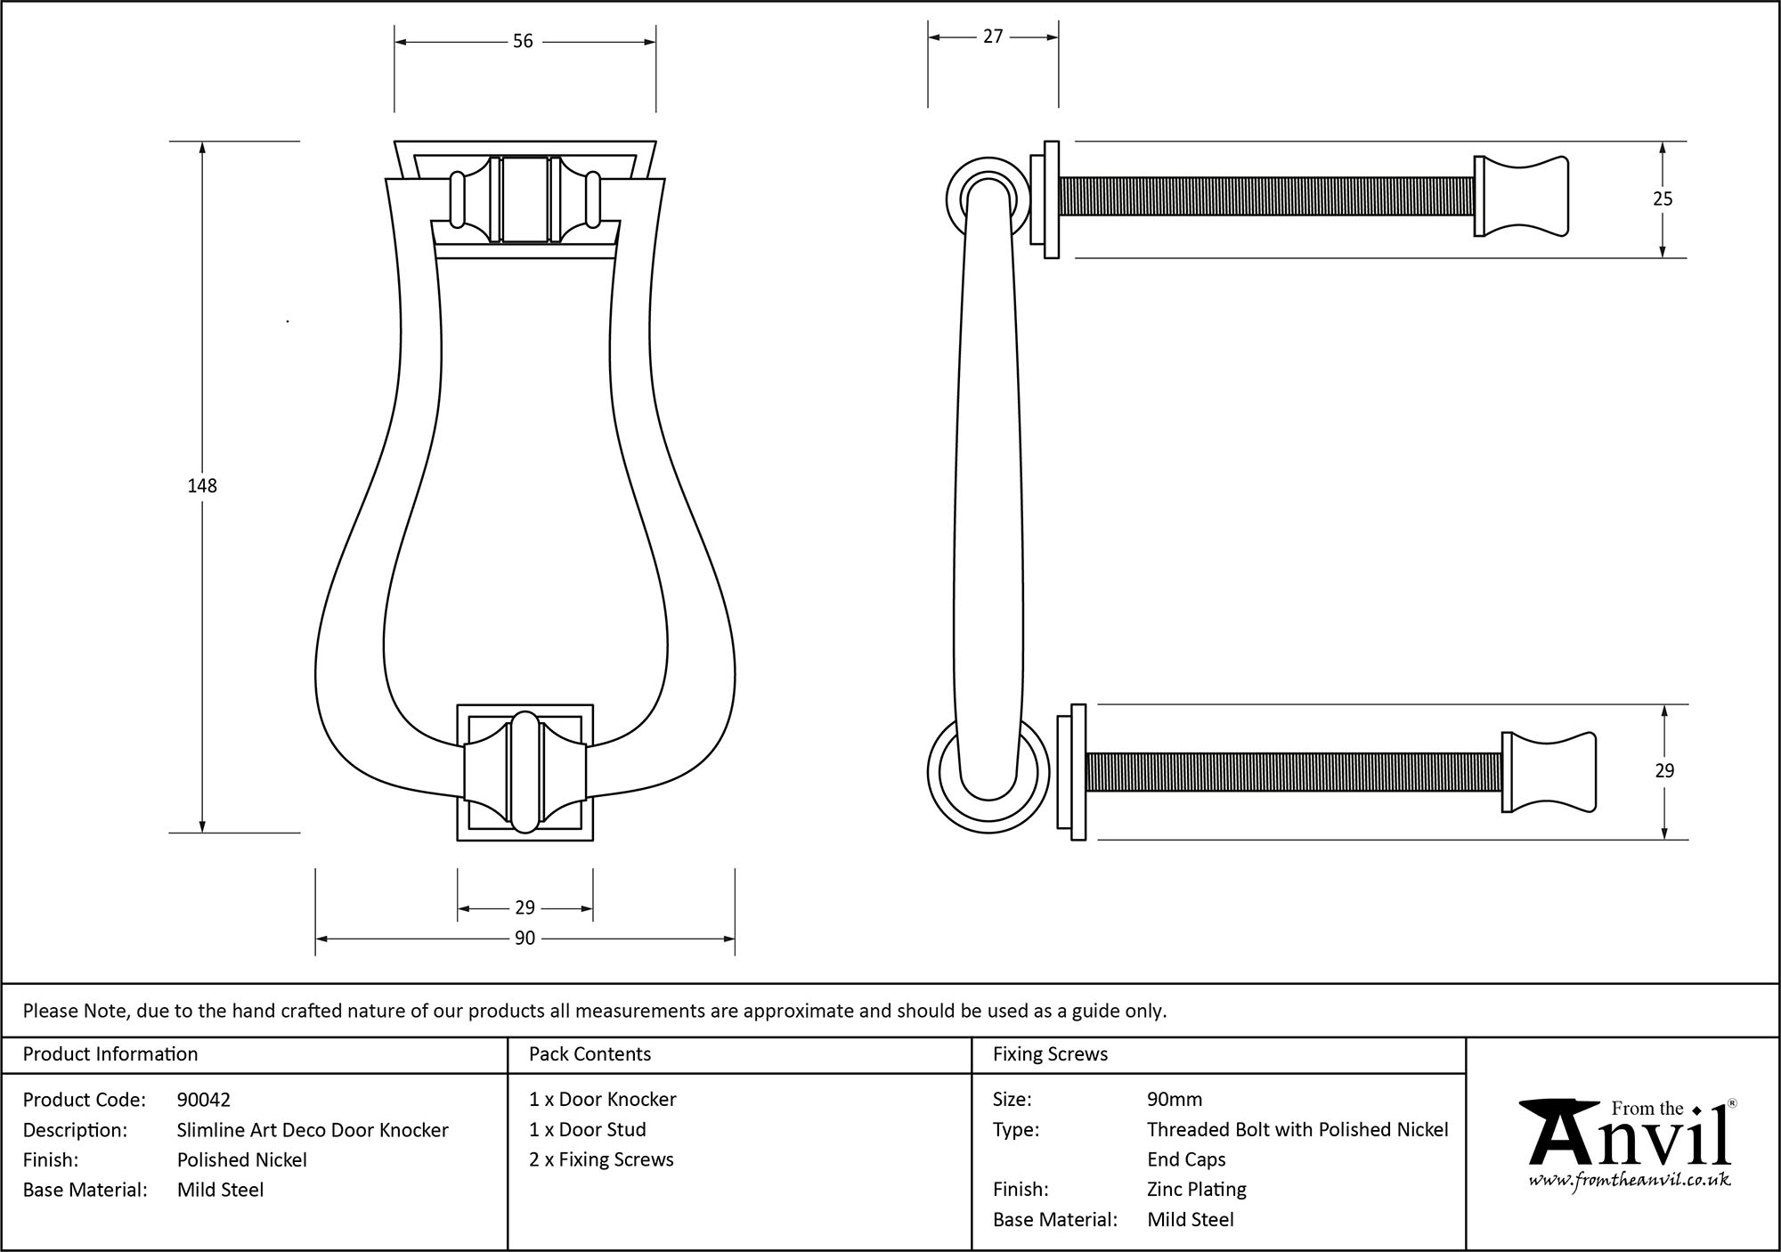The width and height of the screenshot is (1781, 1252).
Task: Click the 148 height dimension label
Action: (x=202, y=486)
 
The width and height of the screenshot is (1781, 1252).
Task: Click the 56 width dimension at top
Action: (x=523, y=42)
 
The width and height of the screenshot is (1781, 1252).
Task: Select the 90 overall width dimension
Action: (x=525, y=939)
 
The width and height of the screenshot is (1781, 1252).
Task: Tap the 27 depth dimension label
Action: (x=993, y=37)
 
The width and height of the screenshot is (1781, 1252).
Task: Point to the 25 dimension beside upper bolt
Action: (x=1663, y=199)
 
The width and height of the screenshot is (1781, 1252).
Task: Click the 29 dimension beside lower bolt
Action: (x=1664, y=771)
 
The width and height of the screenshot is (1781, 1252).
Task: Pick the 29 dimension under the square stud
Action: (x=525, y=907)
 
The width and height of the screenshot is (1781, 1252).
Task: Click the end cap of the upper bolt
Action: (x=1521, y=197)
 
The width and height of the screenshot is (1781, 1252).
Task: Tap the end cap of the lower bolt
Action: (x=1549, y=772)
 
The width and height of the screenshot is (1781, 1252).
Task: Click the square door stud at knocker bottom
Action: (x=525, y=772)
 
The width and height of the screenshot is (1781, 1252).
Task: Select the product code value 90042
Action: (x=204, y=1100)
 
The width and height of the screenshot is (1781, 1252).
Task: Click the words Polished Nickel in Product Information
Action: (x=242, y=1159)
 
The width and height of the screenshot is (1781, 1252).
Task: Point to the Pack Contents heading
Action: (x=590, y=1054)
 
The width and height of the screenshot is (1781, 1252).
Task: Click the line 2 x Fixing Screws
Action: (x=601, y=1159)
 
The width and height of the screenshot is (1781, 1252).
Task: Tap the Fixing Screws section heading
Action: (x=1050, y=1054)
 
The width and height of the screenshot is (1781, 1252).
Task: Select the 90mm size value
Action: (x=1175, y=1100)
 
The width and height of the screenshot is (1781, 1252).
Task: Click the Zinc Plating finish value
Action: (x=1197, y=1189)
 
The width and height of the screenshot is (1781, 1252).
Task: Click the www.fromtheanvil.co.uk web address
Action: (x=1630, y=1180)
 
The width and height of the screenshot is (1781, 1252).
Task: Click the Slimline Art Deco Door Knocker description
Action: (x=313, y=1130)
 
